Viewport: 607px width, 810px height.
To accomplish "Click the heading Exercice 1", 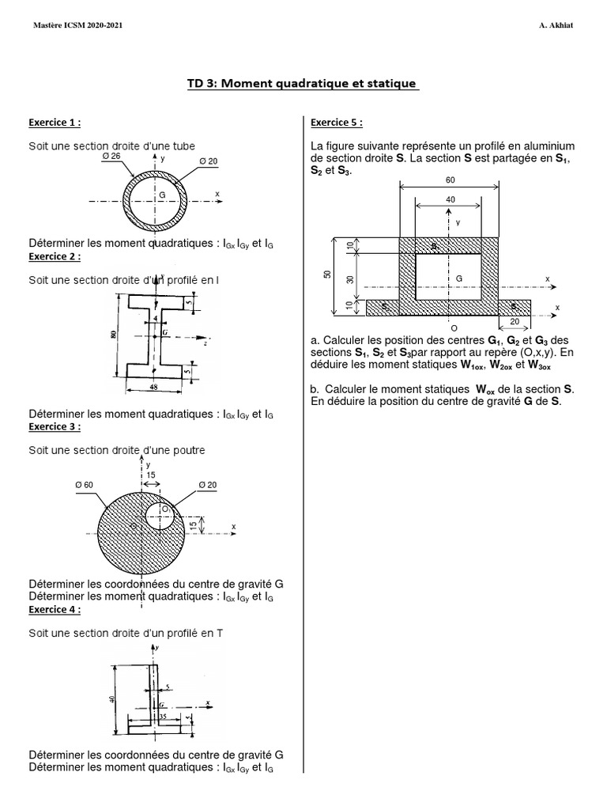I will pos(55,123).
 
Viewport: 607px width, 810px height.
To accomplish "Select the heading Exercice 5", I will pos(337,123).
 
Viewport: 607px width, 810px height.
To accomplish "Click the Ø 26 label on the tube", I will pos(111,156).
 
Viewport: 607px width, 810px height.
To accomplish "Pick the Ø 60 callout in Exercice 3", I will pos(85,484).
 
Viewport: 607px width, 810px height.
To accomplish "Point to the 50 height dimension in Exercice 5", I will pos(327,274).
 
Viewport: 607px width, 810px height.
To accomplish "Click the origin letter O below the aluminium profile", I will pos(453,327).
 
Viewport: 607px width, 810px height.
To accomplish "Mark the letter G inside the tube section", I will pos(162,194).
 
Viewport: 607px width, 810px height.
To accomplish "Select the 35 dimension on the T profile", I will pos(162,716).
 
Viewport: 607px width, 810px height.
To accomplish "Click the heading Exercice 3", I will pos(55,426).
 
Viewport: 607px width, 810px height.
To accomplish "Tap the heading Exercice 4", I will pos(55,610).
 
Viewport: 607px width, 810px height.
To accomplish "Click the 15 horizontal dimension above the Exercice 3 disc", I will pos(151,475).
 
